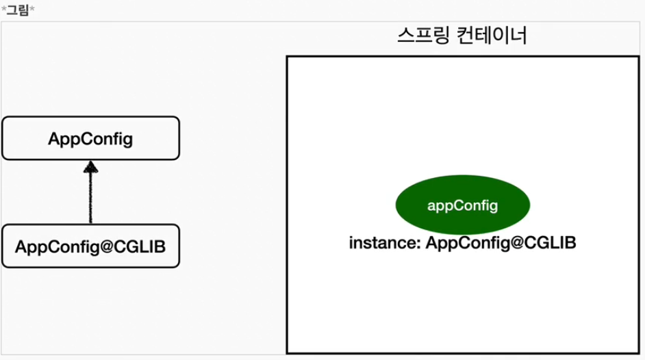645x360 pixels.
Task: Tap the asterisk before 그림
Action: point(4,9)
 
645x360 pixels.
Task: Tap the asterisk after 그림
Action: point(31,9)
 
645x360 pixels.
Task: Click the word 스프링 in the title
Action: point(420,36)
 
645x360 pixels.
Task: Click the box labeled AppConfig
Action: point(90,138)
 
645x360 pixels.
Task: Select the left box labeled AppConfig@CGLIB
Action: point(90,246)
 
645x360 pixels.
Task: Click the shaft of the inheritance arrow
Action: point(90,198)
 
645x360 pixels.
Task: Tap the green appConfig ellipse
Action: point(462,205)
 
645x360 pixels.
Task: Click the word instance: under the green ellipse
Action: point(384,243)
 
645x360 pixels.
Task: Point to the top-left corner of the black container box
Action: point(288,57)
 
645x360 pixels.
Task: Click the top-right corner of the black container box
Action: point(637,57)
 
